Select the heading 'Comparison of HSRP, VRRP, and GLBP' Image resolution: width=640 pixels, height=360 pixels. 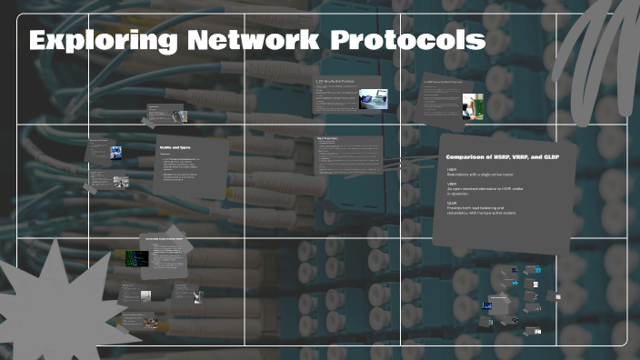[501, 157]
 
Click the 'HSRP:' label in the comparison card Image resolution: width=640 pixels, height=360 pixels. [452, 169]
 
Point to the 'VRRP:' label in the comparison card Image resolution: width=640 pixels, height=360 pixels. [452, 185]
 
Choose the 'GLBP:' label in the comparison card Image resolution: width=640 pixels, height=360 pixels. [452, 203]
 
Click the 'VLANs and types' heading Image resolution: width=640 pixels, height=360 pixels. [174, 147]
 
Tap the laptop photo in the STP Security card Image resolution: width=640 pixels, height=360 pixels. [371, 98]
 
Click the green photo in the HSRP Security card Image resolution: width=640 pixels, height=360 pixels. [473, 107]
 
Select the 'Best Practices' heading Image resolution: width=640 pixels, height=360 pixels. [326, 139]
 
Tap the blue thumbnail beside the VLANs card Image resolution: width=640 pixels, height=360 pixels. [116, 152]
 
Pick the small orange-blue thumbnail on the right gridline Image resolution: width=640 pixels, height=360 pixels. [557, 296]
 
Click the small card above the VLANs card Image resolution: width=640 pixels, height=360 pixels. [166, 115]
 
